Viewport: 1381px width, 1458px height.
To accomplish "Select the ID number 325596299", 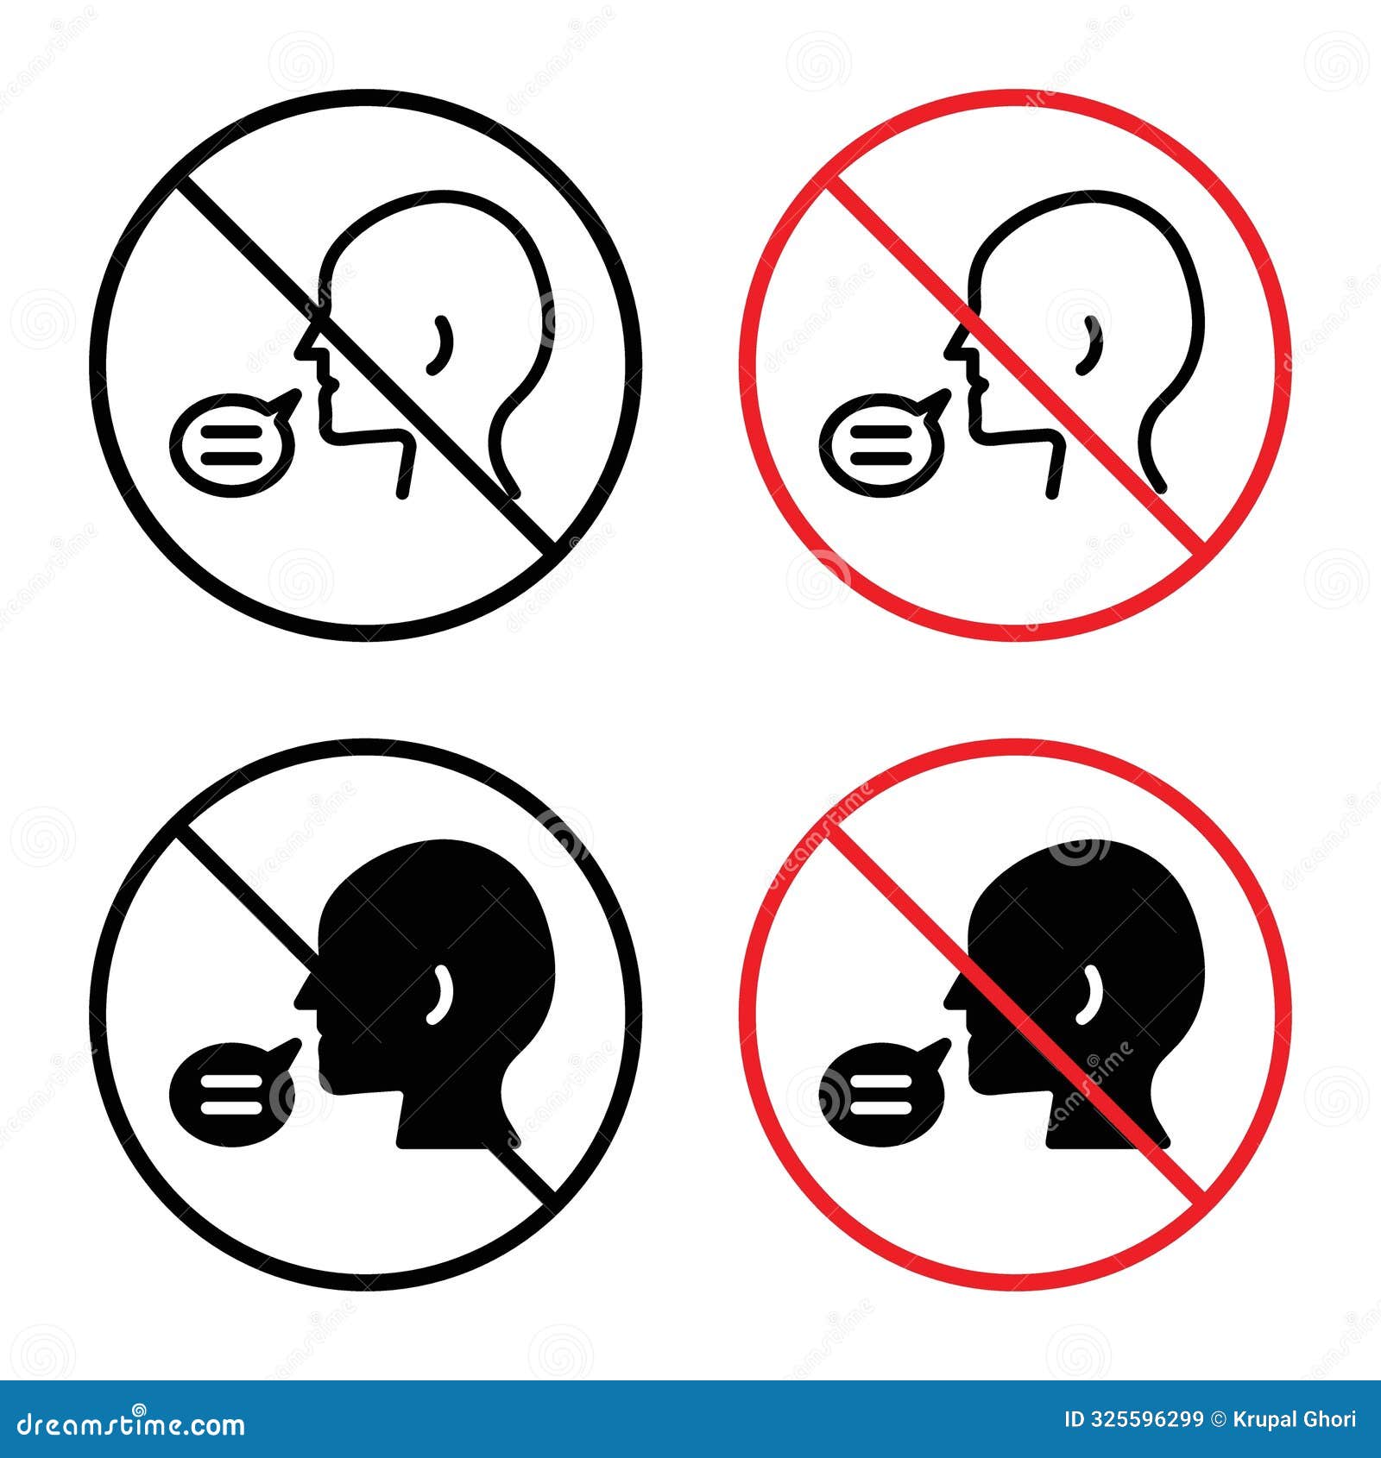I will tap(1148, 1419).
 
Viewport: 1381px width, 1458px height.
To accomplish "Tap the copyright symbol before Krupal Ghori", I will tap(1219, 1419).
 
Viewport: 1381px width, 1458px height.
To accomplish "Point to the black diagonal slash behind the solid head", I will tap(233, 880).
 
